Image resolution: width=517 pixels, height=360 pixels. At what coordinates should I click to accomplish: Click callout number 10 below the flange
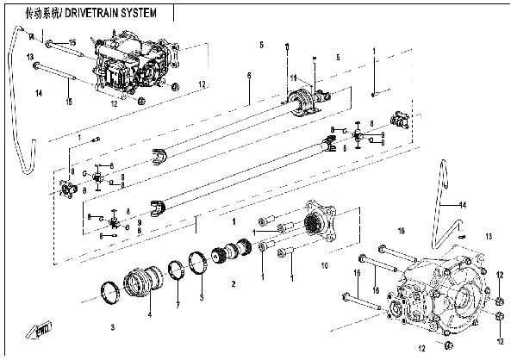[x=324, y=266]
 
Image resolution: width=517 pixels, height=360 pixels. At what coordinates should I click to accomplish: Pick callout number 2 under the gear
[x=232, y=283]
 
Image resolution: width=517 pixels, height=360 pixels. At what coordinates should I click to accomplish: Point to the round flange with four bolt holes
[x=323, y=220]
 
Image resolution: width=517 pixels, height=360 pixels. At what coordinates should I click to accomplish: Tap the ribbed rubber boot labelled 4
[x=143, y=279]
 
